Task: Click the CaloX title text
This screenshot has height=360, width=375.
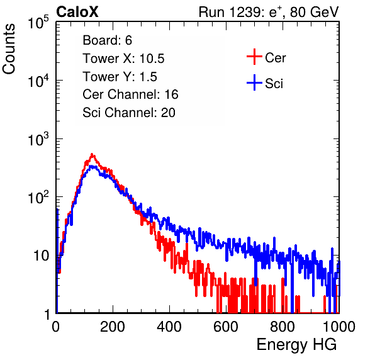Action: click(x=77, y=12)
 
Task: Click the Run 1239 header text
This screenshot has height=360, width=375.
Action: click(x=269, y=12)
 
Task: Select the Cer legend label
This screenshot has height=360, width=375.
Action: click(x=275, y=58)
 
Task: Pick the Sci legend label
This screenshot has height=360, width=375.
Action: click(x=274, y=84)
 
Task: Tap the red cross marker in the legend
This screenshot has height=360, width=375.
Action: click(x=254, y=57)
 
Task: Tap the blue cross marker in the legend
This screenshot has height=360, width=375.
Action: click(x=254, y=82)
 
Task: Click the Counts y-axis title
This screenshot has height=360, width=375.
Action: click(x=9, y=49)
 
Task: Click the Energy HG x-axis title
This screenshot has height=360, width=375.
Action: click(x=296, y=345)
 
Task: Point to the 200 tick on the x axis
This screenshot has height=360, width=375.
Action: click(x=113, y=327)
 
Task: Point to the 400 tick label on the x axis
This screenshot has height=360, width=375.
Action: click(x=169, y=327)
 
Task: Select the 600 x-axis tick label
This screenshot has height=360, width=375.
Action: click(x=226, y=327)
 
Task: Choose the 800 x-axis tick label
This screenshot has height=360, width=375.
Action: click(x=283, y=327)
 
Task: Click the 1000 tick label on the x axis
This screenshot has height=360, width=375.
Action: click(x=339, y=327)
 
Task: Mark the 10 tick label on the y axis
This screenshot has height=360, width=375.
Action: click(x=42, y=256)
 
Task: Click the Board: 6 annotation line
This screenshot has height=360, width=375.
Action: click(x=107, y=40)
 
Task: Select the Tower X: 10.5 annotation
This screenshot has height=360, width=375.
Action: click(x=123, y=59)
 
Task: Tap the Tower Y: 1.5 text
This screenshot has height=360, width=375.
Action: click(x=120, y=77)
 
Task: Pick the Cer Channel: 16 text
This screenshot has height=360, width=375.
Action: click(x=130, y=94)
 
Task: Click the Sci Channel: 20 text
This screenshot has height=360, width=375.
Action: click(x=129, y=113)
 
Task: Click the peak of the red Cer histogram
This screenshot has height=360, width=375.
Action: click(x=92, y=154)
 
